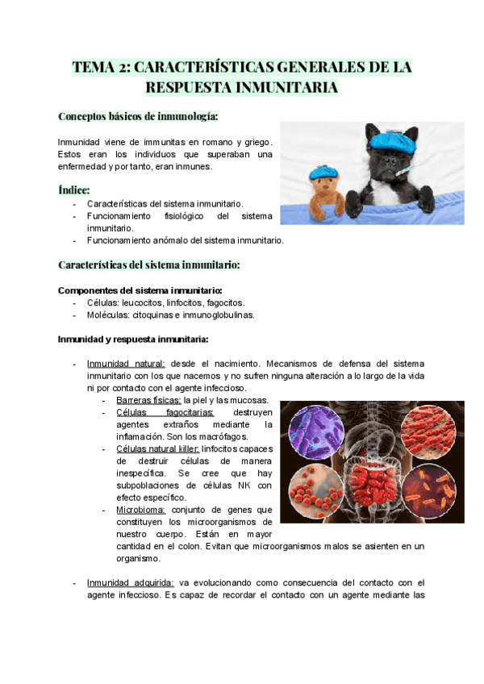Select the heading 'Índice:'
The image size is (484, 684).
tap(74, 190)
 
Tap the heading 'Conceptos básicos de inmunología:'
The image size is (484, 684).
tap(138, 116)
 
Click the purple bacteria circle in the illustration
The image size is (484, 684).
tap(316, 433)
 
